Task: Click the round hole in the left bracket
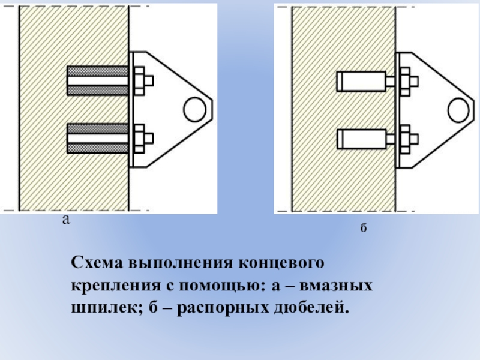(194, 109)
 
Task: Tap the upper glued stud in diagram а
(98, 80)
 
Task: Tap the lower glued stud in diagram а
(98, 139)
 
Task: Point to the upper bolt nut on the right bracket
(405, 81)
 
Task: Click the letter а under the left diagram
(66, 220)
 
